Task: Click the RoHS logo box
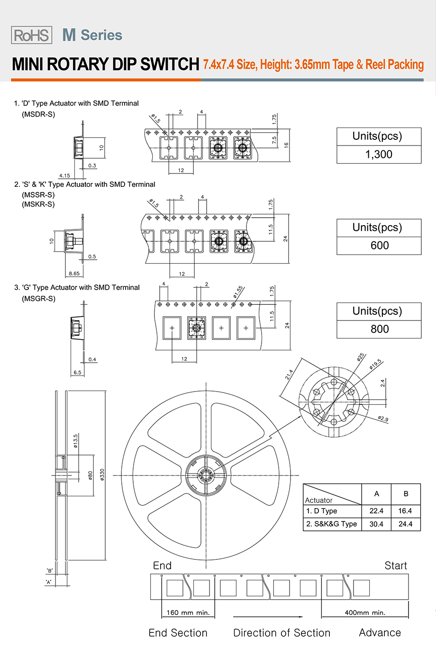point(31,35)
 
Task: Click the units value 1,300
point(379,155)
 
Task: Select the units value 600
point(379,246)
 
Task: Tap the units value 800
point(379,329)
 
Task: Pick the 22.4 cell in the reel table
point(376,511)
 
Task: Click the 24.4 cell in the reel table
point(405,524)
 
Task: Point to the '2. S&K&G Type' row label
point(332,524)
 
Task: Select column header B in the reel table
point(406,494)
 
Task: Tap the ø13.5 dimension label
point(75,441)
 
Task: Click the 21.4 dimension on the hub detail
point(289,375)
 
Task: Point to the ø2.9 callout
point(383,419)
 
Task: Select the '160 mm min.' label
point(188,612)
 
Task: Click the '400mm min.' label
point(365,612)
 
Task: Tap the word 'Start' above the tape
point(396,566)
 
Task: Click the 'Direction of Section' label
point(282,633)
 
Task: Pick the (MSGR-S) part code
point(38,299)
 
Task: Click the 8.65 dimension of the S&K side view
point(74,274)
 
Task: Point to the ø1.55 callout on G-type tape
point(238,292)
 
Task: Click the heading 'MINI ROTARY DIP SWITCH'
point(105,64)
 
